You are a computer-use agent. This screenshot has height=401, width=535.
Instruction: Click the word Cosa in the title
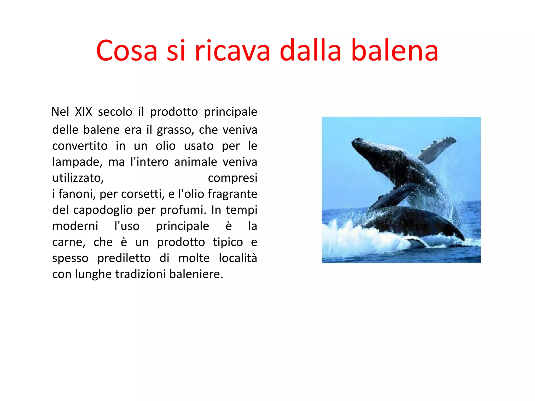point(127,50)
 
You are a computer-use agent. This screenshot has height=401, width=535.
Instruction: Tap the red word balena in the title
point(395,50)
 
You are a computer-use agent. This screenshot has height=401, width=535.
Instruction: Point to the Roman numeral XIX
point(84,112)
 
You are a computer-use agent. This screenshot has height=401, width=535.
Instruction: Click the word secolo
point(115,112)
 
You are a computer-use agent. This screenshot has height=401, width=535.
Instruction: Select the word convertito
point(80,146)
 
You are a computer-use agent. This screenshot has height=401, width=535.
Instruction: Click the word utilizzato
point(78,178)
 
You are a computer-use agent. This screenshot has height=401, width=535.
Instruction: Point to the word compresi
point(232,178)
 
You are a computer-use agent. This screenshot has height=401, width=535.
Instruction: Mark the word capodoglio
point(103,210)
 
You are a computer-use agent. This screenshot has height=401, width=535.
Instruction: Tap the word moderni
point(75,226)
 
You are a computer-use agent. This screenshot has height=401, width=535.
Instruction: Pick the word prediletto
point(124,258)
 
